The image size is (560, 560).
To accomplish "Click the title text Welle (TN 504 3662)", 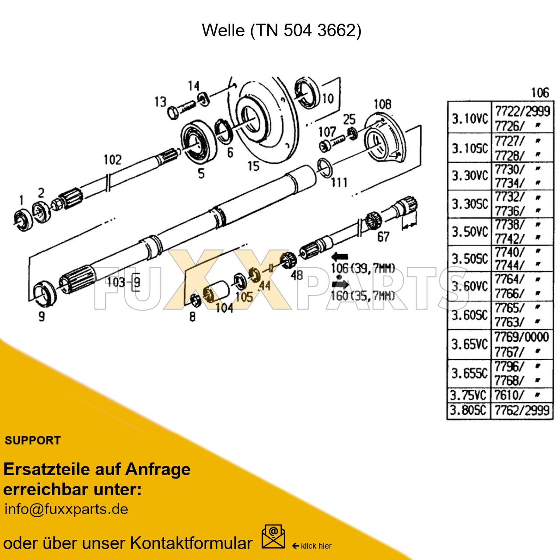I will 281,31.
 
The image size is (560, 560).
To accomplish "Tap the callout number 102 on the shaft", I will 112,160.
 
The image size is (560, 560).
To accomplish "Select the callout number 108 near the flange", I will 382,104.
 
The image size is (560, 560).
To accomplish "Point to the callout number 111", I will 339,182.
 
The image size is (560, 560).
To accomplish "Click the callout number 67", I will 383,237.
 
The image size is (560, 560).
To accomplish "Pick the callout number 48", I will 297,275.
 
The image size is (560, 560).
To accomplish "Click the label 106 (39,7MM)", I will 363,268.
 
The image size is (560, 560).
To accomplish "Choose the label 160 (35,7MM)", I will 363,296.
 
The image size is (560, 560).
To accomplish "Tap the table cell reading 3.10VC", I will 469,119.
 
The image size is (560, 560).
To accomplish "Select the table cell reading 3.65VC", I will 469,344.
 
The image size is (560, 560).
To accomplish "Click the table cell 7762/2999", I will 522,410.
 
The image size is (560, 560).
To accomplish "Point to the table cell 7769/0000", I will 521,337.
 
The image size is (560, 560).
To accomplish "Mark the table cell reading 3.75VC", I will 469,395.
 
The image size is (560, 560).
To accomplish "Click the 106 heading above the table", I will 540,93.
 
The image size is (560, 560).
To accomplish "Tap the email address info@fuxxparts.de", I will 66,509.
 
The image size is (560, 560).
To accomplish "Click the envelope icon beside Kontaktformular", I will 273,537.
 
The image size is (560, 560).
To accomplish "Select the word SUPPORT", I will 33,441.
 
